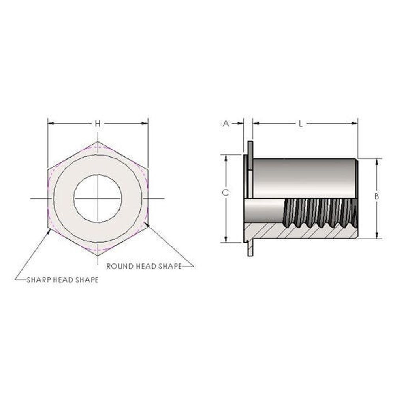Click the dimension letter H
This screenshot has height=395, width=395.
click(x=98, y=123)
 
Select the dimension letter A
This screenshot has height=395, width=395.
click(x=226, y=123)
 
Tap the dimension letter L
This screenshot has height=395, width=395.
click(x=301, y=123)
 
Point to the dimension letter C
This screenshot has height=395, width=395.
click(x=226, y=193)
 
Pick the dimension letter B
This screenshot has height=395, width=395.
click(x=376, y=196)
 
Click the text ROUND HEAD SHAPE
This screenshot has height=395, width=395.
click(x=144, y=266)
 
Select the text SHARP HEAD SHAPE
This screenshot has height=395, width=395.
click(x=63, y=280)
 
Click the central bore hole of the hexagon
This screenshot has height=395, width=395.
click(x=98, y=199)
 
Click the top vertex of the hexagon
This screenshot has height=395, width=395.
click(x=98, y=141)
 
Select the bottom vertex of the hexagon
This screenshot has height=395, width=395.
click(x=98, y=256)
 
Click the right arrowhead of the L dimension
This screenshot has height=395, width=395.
click(x=355, y=123)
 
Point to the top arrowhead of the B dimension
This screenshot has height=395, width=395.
click(x=377, y=162)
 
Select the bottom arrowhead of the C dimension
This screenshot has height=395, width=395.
click(x=226, y=239)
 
